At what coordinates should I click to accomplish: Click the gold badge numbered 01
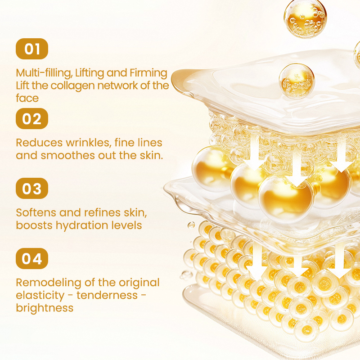click(31, 49)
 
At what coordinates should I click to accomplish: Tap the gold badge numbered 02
click(31, 119)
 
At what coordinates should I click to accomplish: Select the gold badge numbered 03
click(31, 189)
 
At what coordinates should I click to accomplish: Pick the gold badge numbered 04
click(31, 259)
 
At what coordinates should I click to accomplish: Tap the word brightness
click(45, 308)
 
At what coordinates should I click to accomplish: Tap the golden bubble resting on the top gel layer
click(297, 79)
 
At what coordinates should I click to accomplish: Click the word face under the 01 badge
click(27, 98)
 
